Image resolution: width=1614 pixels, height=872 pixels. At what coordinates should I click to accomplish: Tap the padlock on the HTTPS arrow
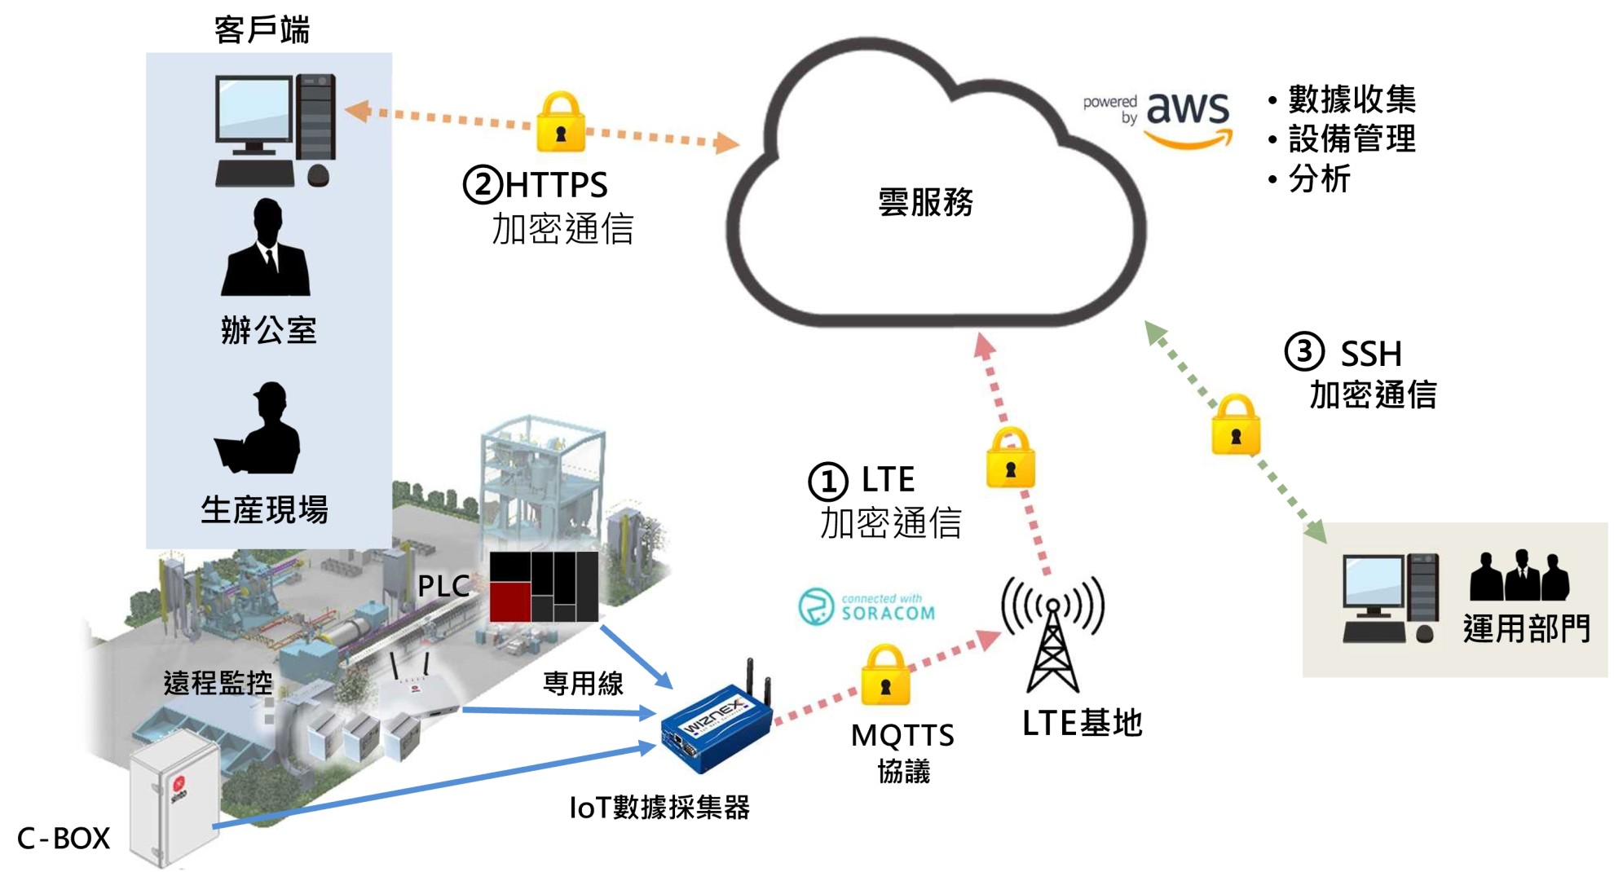tap(561, 123)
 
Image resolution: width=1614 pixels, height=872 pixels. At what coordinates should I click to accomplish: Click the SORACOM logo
tap(867, 606)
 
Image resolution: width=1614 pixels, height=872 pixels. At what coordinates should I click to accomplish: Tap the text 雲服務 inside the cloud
tap(925, 202)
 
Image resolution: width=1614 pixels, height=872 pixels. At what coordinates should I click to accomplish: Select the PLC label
tap(443, 586)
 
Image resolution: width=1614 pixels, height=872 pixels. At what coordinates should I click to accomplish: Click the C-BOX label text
tap(64, 838)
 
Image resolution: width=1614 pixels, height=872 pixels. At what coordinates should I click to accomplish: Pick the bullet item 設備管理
tap(1352, 139)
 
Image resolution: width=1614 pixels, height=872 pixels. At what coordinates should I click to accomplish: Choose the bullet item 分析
tap(1319, 178)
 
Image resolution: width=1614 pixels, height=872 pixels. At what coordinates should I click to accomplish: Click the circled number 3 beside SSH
tap(1304, 351)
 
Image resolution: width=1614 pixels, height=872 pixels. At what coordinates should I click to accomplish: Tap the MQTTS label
tap(902, 735)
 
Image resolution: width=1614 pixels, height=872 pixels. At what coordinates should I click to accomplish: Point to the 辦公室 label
tap(268, 330)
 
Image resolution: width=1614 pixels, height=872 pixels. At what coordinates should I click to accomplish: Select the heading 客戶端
tap(262, 29)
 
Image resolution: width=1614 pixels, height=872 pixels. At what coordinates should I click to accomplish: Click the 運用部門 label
tap(1526, 628)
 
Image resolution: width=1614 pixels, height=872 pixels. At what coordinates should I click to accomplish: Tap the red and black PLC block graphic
tap(544, 587)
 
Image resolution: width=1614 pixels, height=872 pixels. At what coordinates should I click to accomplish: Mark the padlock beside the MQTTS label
tap(885, 676)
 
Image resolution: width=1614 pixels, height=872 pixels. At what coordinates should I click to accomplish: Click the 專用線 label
tap(583, 683)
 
